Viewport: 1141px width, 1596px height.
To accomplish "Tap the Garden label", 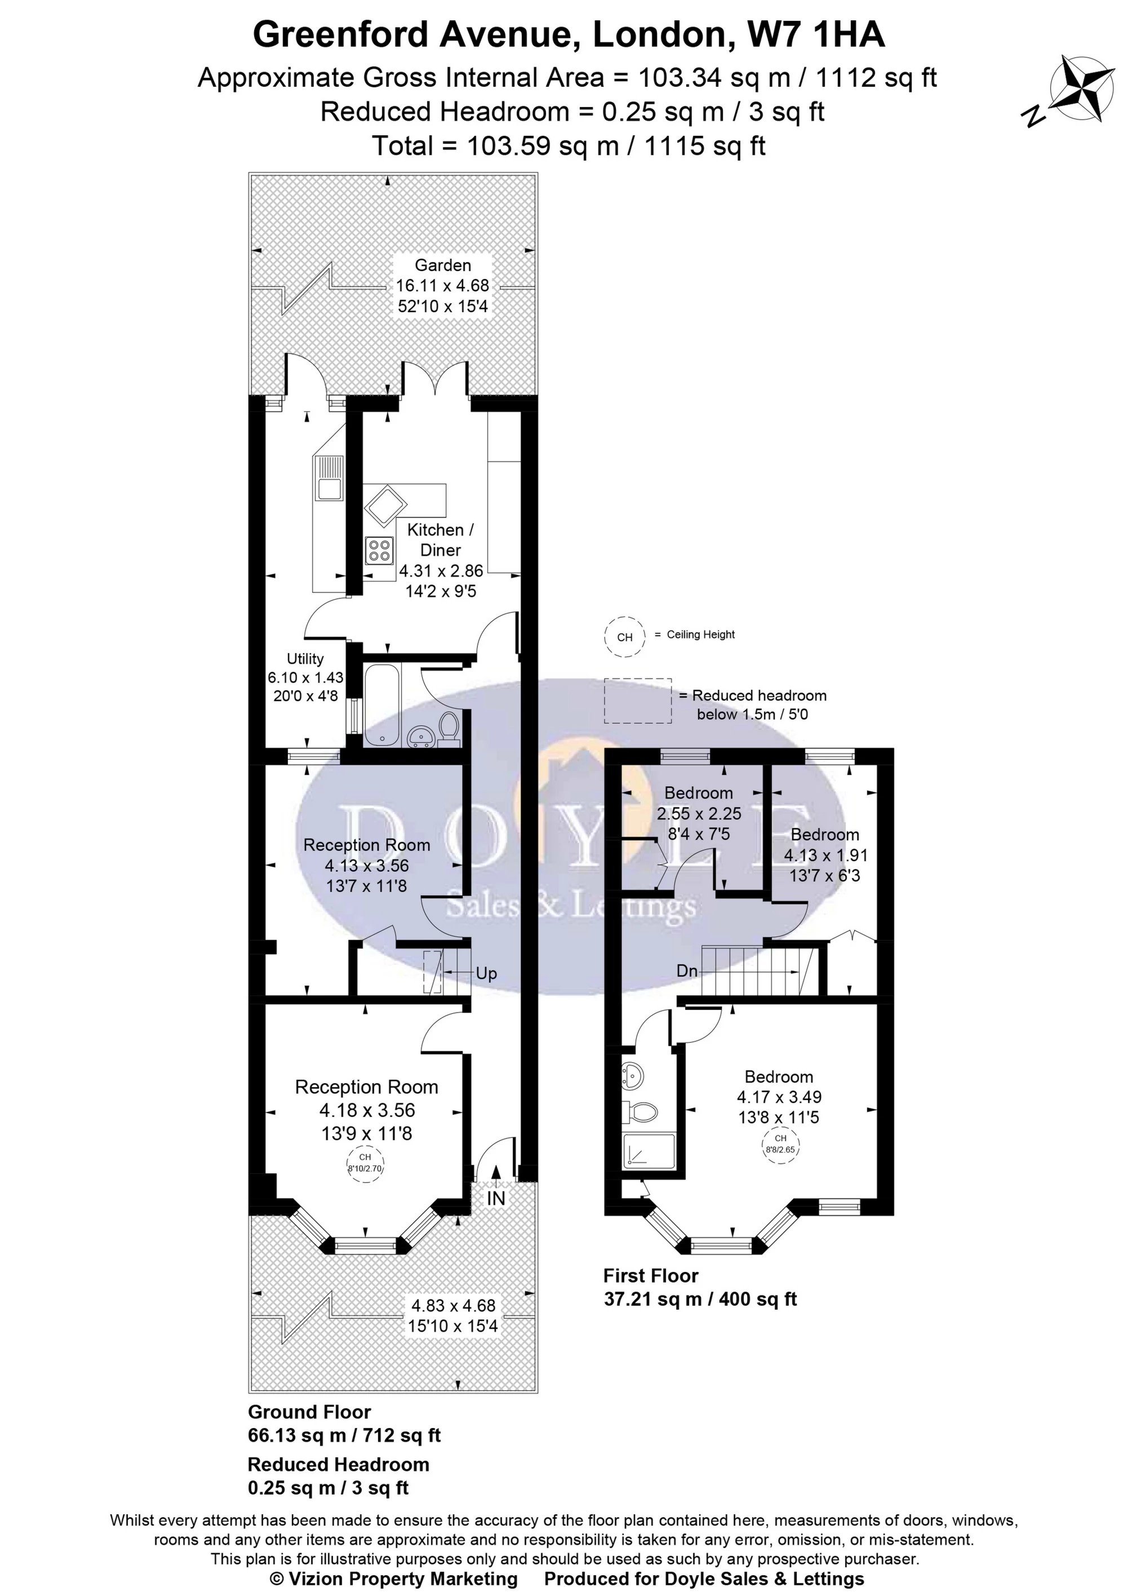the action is point(443,265).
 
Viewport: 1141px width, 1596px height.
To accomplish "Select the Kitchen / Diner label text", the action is point(441,540).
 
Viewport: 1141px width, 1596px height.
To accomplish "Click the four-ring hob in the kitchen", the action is point(379,550).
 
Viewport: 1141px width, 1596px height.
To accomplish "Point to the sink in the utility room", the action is point(329,478).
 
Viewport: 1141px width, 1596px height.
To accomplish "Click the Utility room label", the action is point(305,658).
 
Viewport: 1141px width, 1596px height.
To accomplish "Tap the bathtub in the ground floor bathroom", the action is point(381,705).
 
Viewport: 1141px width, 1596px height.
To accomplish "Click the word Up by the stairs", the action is point(486,973).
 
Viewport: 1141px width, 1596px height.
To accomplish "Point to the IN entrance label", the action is point(496,1198).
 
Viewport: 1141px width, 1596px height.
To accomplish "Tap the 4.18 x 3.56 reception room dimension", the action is point(367,1110).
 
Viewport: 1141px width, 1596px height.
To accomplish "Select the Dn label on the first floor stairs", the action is point(687,970).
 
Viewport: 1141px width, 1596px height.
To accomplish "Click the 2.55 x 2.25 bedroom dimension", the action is point(699,813).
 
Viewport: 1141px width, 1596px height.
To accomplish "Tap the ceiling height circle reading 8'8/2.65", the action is point(780,1145).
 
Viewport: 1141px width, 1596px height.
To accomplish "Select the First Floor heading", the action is point(651,1275).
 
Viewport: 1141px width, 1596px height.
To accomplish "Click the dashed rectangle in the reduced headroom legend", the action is point(638,701).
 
